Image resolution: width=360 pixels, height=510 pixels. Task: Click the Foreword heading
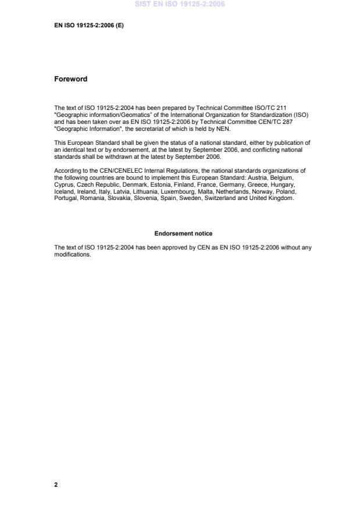70,79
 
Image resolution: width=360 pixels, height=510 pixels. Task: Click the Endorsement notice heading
183,234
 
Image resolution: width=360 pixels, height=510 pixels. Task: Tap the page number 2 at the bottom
56,484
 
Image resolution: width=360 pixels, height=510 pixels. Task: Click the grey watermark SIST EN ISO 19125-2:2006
180,5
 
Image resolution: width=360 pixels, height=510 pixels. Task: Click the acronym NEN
223,129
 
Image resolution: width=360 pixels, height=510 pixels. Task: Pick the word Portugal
66,198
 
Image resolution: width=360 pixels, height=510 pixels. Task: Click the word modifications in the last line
73,254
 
